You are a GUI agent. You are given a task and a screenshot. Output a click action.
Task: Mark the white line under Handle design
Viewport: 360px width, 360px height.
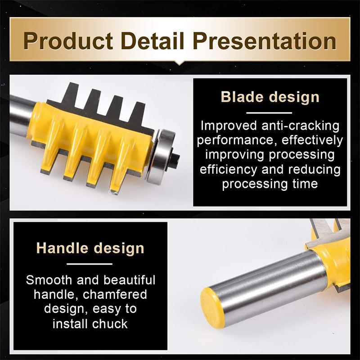90,264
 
